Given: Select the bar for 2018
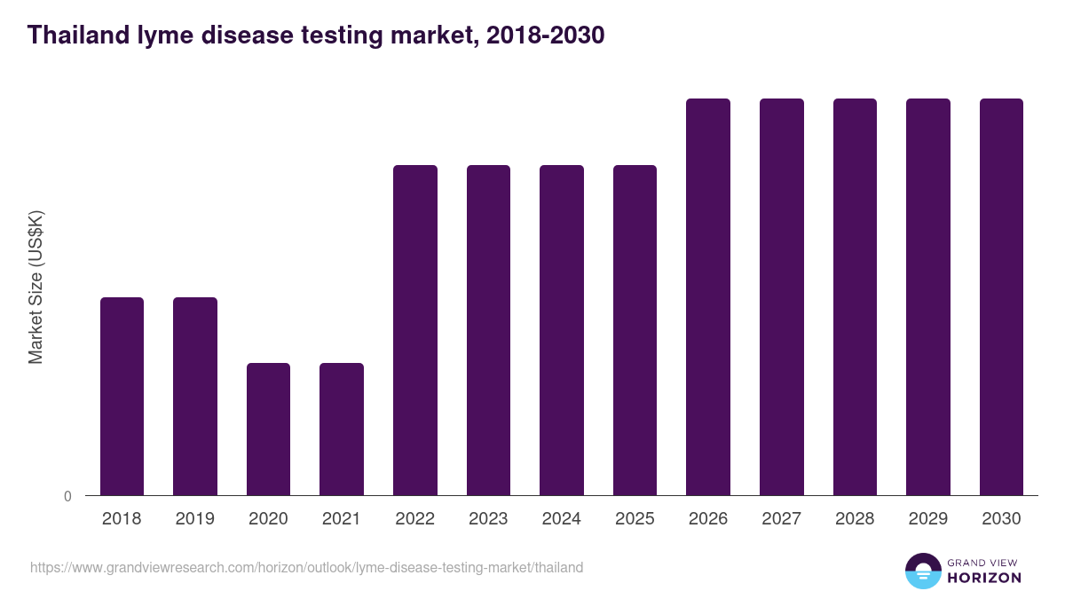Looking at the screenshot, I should [122, 396].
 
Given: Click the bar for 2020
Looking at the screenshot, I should [268, 429].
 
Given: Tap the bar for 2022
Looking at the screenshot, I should [415, 330].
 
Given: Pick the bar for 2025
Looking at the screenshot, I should [635, 330].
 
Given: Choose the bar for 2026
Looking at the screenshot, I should [708, 296].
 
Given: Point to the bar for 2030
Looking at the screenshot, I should [1001, 296].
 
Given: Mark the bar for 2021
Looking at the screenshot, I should [342, 429].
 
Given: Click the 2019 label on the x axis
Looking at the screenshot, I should [194, 519].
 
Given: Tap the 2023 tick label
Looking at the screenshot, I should [488, 519].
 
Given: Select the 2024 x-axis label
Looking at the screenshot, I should [562, 519].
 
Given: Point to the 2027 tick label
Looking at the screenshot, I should [782, 519].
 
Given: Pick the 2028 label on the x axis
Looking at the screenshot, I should [855, 519].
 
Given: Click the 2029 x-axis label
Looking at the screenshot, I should [928, 519].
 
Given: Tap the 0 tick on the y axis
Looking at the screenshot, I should [67, 496].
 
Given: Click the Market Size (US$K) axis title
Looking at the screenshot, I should [35, 287].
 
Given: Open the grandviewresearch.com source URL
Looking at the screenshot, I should [306, 567].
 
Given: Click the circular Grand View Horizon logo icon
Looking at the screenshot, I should [922, 571].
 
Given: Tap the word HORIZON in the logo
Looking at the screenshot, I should [983, 578].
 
